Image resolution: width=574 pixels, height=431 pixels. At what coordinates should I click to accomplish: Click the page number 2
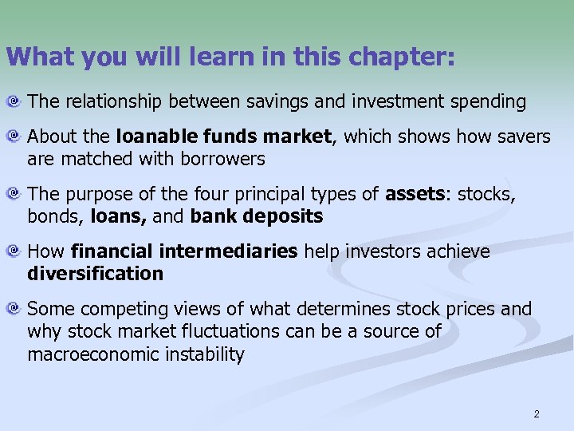click(537, 413)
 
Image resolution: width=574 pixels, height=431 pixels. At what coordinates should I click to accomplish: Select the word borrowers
click(226, 159)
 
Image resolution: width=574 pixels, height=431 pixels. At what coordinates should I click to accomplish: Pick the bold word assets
click(415, 194)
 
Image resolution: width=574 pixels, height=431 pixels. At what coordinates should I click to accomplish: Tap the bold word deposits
click(284, 216)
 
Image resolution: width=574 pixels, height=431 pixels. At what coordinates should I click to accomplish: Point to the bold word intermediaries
click(228, 251)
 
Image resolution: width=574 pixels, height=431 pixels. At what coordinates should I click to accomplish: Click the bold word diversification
click(95, 274)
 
